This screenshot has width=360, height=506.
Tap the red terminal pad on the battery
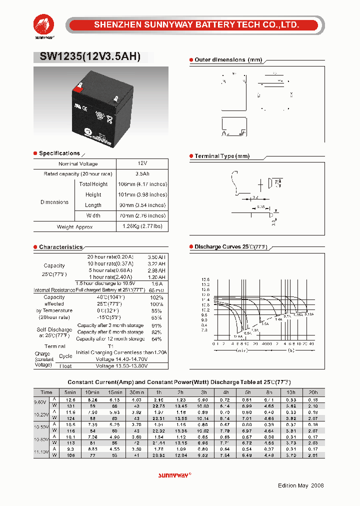coord(77,89)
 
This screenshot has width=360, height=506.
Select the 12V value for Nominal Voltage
coord(142,163)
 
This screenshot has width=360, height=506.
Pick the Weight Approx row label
coord(74,227)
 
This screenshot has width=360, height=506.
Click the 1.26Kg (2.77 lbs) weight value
coord(142,226)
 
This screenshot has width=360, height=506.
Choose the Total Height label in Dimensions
coord(93,184)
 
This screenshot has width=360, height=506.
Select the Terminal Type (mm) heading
coord(221,156)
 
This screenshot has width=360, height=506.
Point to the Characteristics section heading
coord(60,247)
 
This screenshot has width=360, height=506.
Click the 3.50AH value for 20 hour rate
coord(155,256)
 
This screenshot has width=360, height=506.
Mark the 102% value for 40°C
coord(156,297)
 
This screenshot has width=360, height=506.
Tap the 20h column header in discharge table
coord(312,392)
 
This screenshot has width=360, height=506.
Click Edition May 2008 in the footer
coord(300,485)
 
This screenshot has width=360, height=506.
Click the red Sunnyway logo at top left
coord(44,24)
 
